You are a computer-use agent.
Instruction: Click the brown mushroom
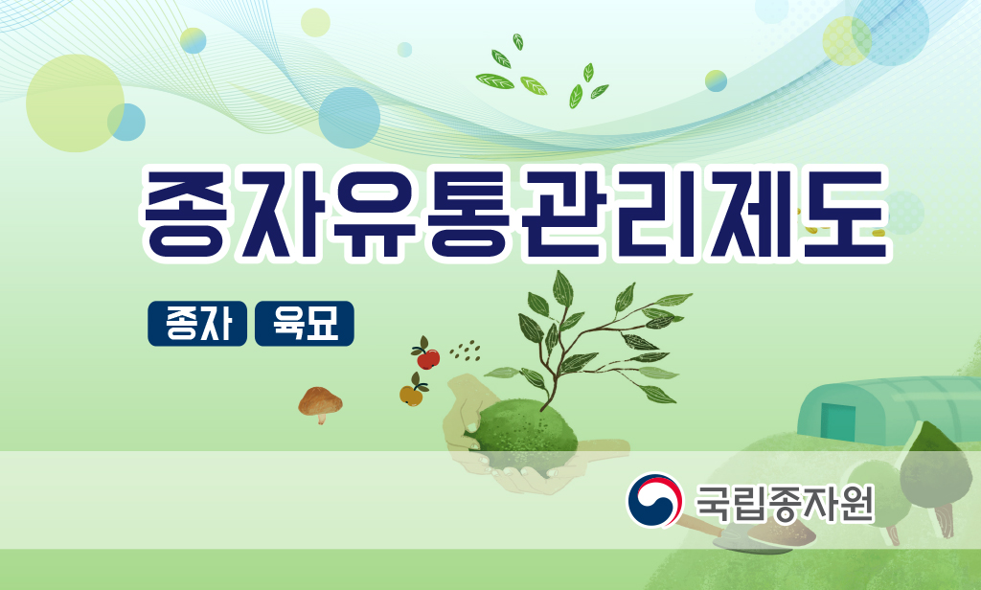[320, 403]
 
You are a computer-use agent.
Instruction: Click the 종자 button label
[197, 324]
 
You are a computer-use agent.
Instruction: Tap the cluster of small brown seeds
[465, 351]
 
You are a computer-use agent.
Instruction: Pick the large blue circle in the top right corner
[890, 27]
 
